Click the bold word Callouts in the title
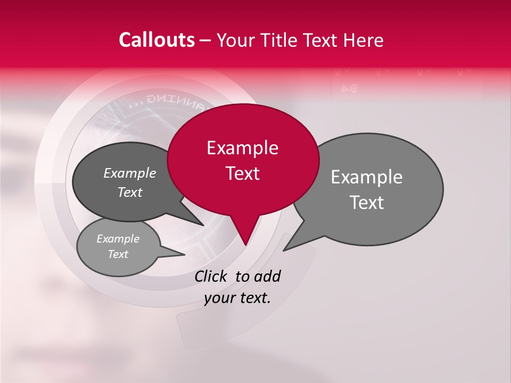click(x=156, y=40)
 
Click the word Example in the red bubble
click(x=242, y=148)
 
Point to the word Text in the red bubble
click(x=242, y=173)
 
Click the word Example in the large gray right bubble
click(x=367, y=177)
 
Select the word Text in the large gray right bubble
click(x=367, y=203)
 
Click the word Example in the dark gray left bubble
click(x=129, y=173)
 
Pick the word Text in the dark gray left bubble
click(x=129, y=192)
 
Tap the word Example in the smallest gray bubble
click(x=118, y=239)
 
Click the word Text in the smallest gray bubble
click(x=118, y=254)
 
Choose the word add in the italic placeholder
click(x=267, y=277)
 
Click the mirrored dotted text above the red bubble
click(x=168, y=100)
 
